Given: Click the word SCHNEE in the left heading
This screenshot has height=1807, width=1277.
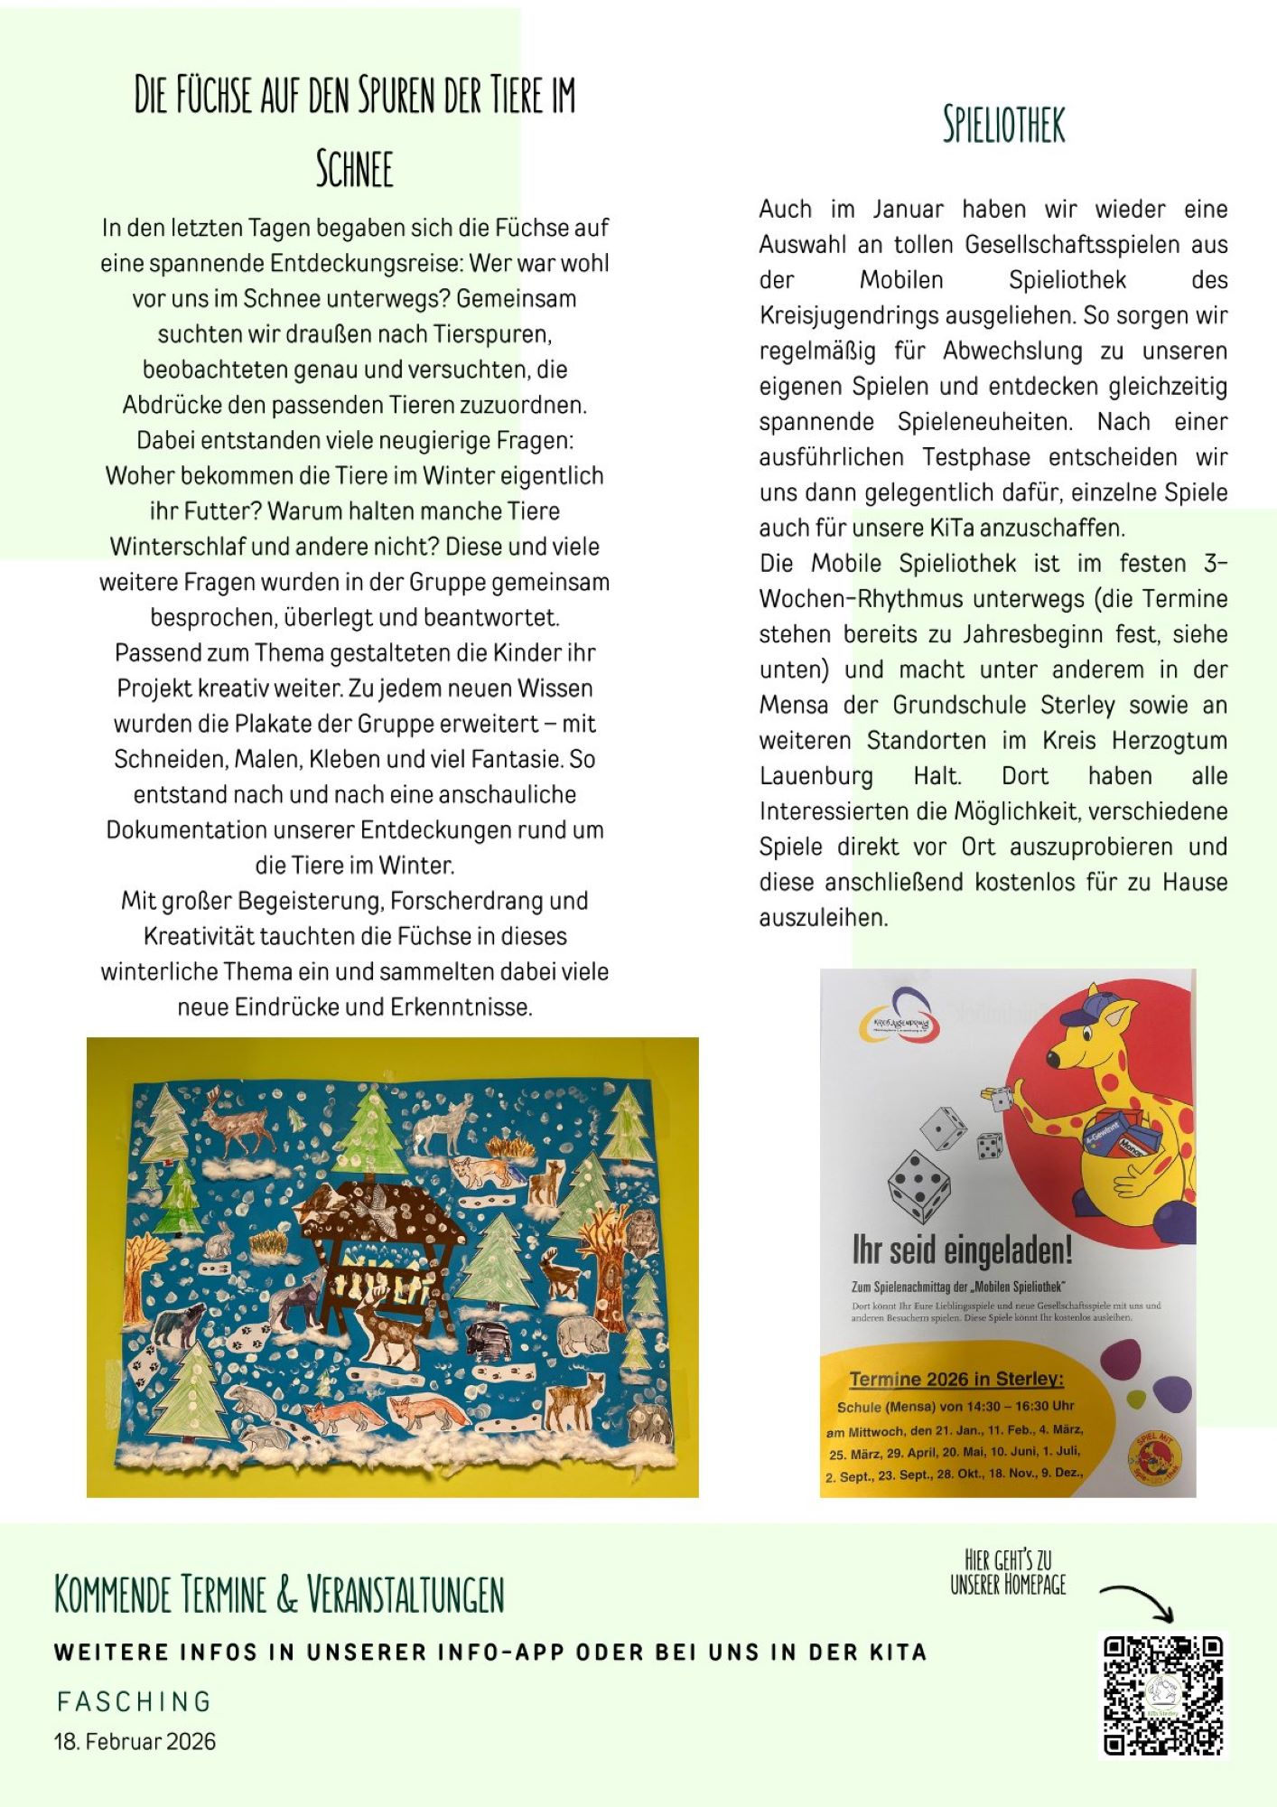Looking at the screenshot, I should [354, 169].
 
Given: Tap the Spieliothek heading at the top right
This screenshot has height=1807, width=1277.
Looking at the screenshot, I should [1003, 125].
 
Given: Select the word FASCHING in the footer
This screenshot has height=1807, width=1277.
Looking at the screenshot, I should [134, 1701].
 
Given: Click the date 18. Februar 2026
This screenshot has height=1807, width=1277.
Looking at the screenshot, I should [135, 1742].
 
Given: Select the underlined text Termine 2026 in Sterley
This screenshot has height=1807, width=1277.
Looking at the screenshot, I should [956, 1379].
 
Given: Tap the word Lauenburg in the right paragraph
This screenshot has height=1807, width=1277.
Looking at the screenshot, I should [816, 776].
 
